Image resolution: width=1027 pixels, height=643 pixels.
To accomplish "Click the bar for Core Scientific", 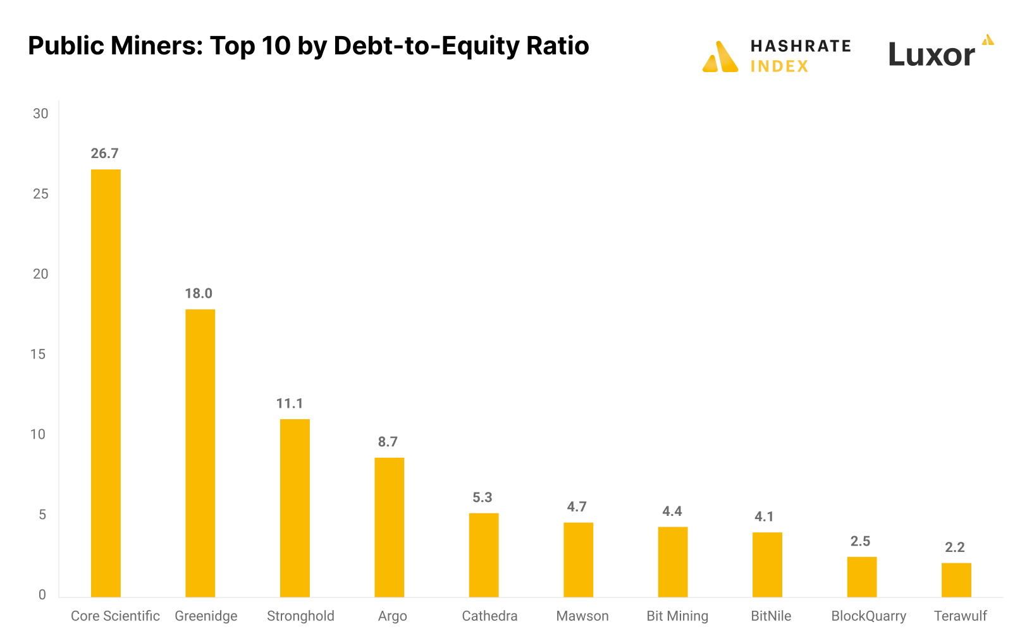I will coord(106,383).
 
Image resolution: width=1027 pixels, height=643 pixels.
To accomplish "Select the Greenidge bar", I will coord(200,453).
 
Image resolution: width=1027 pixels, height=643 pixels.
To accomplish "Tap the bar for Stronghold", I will coord(295,508).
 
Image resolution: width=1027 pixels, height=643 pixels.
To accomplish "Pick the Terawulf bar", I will coord(956,580).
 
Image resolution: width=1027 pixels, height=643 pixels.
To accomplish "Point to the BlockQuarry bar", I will coord(862,577).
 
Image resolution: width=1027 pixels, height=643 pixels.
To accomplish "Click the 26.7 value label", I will coord(104,154).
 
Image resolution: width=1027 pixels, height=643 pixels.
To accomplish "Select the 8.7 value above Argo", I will coord(388,442).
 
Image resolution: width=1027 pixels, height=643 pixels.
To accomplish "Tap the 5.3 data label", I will coord(483,498).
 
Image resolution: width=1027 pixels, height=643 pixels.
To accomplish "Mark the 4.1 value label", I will coord(764,517).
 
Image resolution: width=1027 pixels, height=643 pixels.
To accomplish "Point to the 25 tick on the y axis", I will coord(40,194).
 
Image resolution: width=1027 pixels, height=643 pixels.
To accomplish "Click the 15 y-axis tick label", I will coord(38,354).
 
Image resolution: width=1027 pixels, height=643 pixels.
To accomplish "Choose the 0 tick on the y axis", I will coord(42,594).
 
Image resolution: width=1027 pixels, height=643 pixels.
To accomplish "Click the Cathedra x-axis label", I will coord(489,616).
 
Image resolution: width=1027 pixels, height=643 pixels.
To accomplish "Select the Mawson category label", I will coord(582,616).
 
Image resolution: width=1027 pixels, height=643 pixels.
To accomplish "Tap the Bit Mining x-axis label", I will coord(677,616).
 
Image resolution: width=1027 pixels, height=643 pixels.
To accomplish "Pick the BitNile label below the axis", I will coord(771,616).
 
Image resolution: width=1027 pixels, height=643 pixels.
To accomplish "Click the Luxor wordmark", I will coord(932,54).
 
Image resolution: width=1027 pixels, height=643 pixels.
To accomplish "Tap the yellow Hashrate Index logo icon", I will coord(720,57).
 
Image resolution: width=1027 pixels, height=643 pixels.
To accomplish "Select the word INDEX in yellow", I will coord(779,66).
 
